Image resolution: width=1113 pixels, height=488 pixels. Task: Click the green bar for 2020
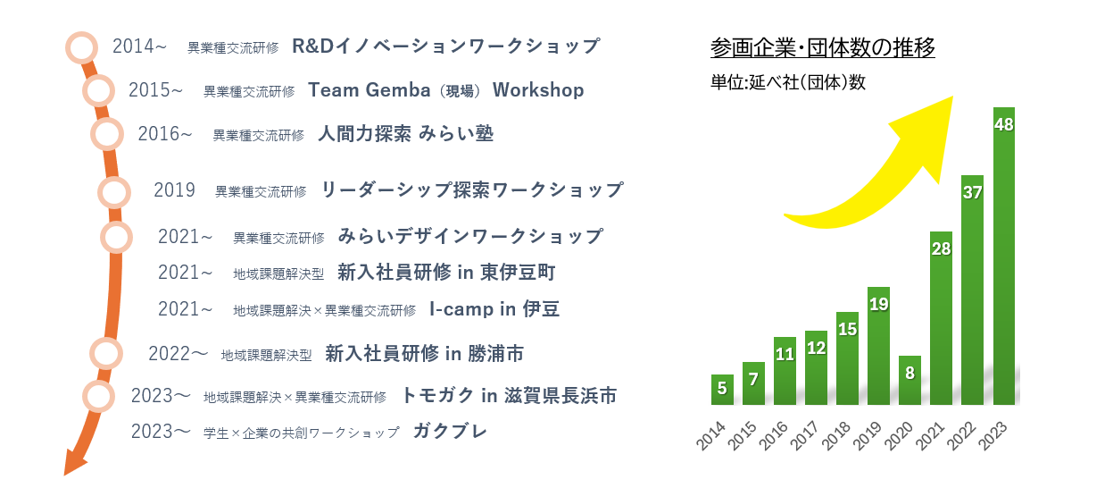tap(910, 380)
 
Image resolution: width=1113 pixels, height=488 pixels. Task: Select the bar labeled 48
tap(1004, 256)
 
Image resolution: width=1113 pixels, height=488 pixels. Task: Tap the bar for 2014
tap(722, 390)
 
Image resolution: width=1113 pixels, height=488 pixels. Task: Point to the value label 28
tap(941, 248)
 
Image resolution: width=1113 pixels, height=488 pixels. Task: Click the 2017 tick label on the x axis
tap(804, 436)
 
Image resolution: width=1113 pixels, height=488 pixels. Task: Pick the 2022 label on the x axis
tap(961, 436)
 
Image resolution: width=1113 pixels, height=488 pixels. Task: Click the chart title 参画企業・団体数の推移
tap(822, 47)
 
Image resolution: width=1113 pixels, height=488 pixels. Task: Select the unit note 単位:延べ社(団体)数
tap(787, 82)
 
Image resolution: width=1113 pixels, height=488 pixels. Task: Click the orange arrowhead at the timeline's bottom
tap(75, 463)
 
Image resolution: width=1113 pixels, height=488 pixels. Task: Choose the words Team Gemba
tap(370, 90)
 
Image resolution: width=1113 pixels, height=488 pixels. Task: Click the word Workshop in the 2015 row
tap(538, 90)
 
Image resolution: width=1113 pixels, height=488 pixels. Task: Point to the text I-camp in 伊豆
tap(494, 309)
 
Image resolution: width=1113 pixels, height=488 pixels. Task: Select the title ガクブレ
tap(450, 431)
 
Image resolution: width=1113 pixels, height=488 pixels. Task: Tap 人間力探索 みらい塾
tap(405, 134)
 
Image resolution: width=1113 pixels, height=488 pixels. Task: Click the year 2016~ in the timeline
tap(165, 134)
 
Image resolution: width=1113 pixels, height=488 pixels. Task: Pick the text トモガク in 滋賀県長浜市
tap(509, 395)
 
